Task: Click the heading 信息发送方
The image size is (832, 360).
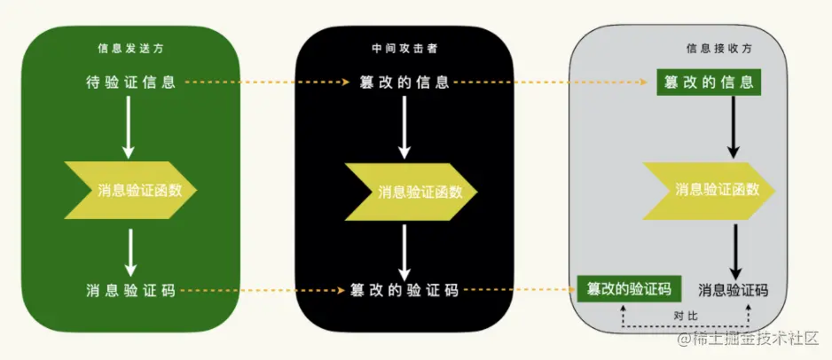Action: (x=129, y=49)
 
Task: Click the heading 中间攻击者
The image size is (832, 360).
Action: (x=403, y=49)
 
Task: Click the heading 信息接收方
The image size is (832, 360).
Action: (x=715, y=50)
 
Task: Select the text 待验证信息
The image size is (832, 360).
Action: (x=130, y=82)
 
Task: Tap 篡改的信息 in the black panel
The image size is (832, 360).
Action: (x=404, y=82)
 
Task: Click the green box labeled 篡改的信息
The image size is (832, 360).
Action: (x=710, y=82)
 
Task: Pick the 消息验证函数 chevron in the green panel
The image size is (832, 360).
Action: (x=130, y=190)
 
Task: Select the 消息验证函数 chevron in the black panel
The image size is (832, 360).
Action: (x=410, y=192)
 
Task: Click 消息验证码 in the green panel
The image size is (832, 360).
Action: (x=130, y=290)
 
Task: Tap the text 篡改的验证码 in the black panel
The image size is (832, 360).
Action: (x=404, y=290)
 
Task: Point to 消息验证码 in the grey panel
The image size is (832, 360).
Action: (x=733, y=290)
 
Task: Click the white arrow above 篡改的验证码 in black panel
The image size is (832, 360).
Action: (x=404, y=250)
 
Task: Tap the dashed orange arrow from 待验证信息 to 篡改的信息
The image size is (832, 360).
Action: (x=266, y=82)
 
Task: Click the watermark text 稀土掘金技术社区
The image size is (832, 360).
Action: (x=754, y=339)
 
